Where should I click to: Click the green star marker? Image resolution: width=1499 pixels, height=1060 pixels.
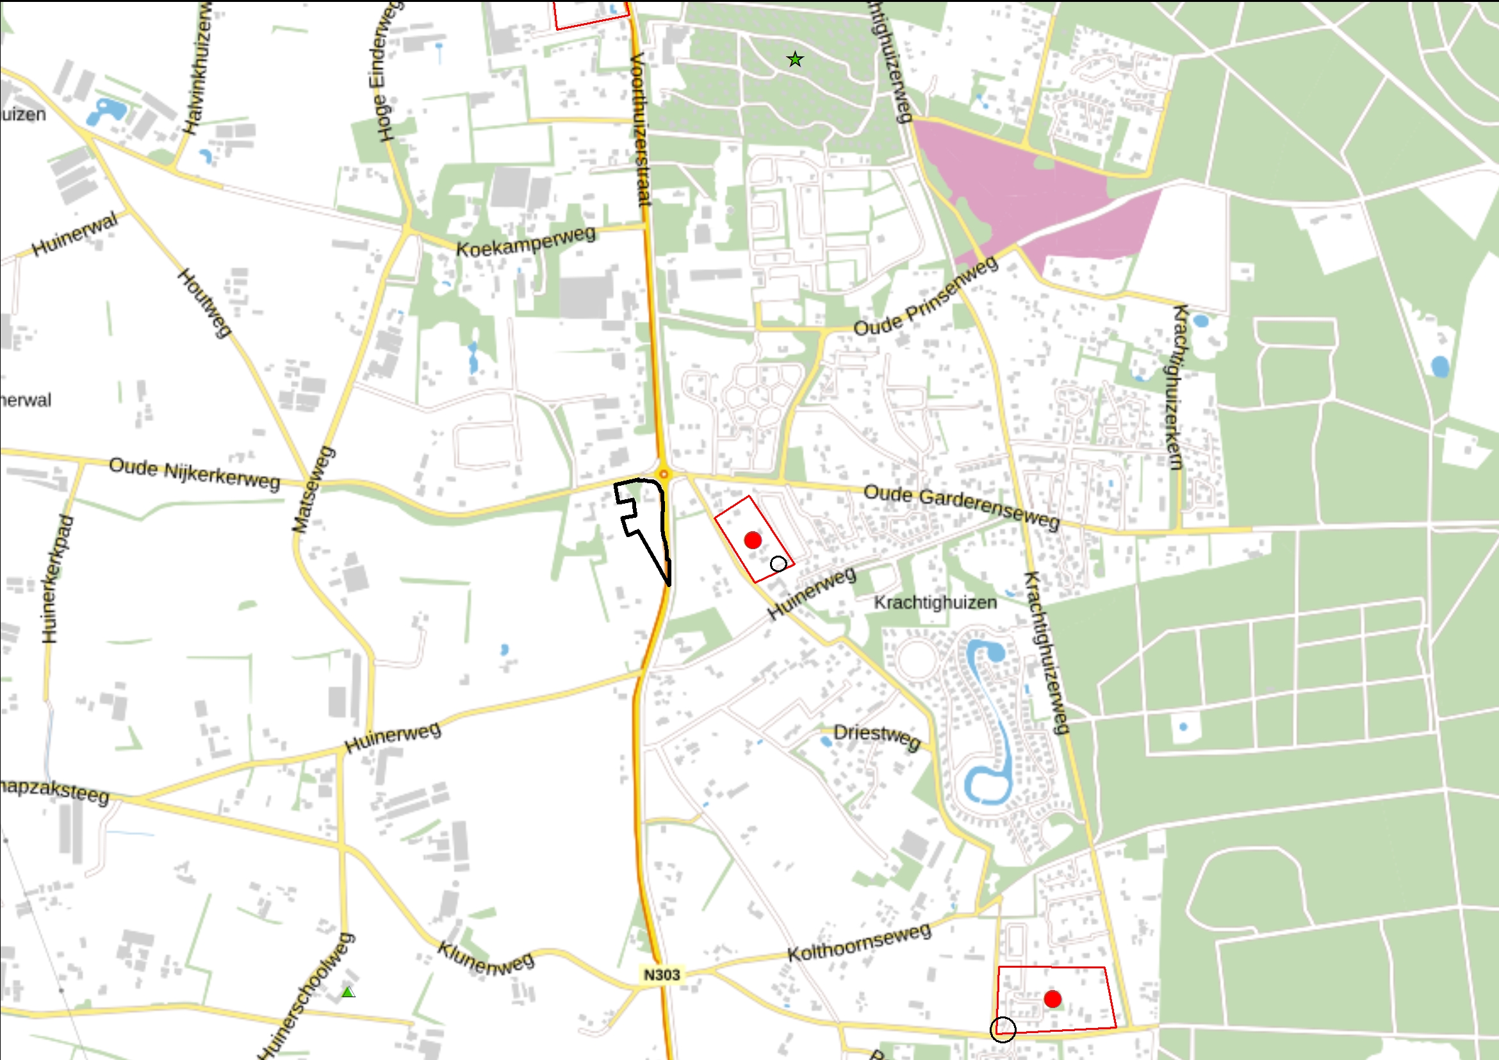coord(794,60)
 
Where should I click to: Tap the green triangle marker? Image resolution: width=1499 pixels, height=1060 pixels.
coord(348,993)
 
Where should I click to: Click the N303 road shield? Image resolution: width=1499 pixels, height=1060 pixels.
coord(662,974)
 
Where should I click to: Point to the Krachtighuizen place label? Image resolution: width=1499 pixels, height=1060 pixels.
coord(935,602)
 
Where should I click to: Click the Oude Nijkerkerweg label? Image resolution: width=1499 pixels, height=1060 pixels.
coord(195,474)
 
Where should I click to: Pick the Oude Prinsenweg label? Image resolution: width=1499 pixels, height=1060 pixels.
coord(926,295)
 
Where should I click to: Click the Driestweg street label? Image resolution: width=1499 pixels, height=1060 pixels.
coord(877,737)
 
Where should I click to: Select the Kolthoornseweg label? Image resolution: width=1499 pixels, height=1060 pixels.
coord(859,943)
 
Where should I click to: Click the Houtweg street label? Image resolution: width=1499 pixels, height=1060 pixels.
coord(204,302)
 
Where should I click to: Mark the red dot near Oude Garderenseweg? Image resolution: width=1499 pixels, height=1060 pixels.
coord(753,540)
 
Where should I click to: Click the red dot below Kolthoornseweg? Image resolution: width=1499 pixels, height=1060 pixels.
coord(1053,998)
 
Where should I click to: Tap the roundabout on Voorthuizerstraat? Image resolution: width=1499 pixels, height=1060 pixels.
coord(663,474)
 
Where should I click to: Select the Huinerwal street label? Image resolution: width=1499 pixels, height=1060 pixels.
coord(75,233)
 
